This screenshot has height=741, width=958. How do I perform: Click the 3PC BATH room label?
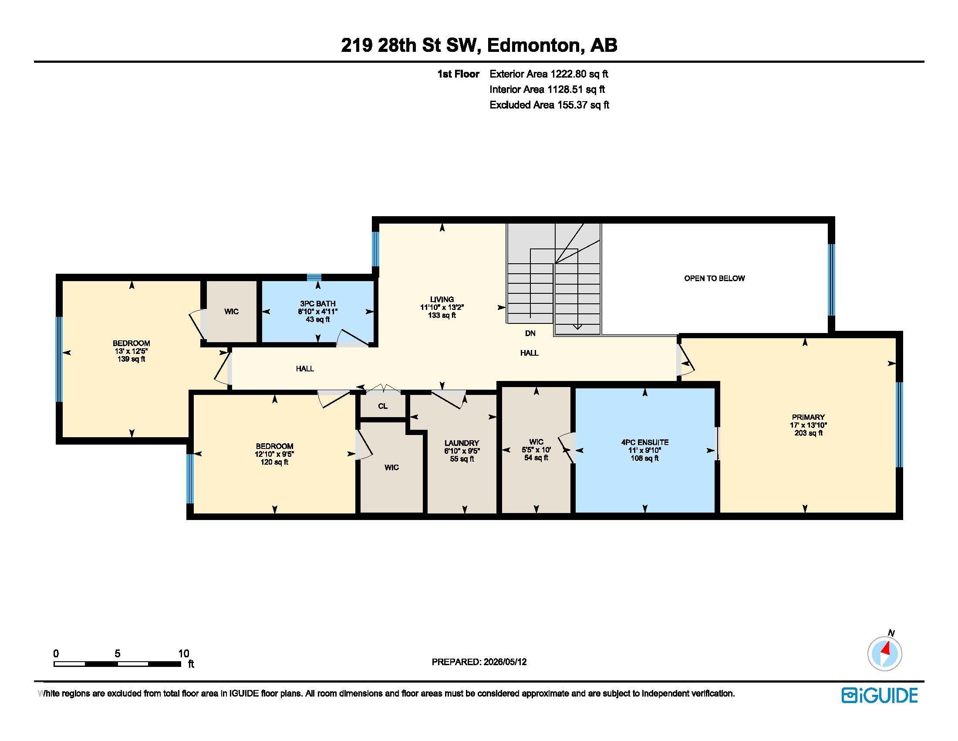pos(317,303)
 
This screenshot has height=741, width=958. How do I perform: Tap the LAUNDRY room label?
pos(462,443)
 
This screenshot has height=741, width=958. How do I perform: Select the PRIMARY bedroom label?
pos(808,417)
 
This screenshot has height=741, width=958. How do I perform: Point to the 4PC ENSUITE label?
pos(645,442)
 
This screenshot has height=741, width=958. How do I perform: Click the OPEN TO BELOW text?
pos(715,278)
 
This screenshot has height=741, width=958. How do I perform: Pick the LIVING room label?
pos(442,299)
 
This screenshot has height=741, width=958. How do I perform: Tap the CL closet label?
pos(382,406)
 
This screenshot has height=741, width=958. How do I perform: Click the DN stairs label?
pos(530,333)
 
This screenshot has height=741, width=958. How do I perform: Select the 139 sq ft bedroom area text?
pos(131,359)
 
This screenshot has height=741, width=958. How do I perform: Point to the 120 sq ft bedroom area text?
pos(275,462)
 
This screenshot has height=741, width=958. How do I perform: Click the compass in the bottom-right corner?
pos(885,654)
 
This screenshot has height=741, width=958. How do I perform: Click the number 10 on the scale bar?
pos(184,653)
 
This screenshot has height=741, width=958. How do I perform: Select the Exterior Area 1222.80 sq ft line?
pos(549,74)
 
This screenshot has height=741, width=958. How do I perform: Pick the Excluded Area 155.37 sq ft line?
pos(549,105)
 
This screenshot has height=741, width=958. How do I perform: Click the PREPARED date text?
pos(479,662)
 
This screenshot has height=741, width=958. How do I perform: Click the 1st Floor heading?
pos(458,74)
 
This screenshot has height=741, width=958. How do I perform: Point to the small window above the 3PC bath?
pos(314,277)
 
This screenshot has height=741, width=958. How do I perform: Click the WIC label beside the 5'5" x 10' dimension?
pos(536,442)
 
